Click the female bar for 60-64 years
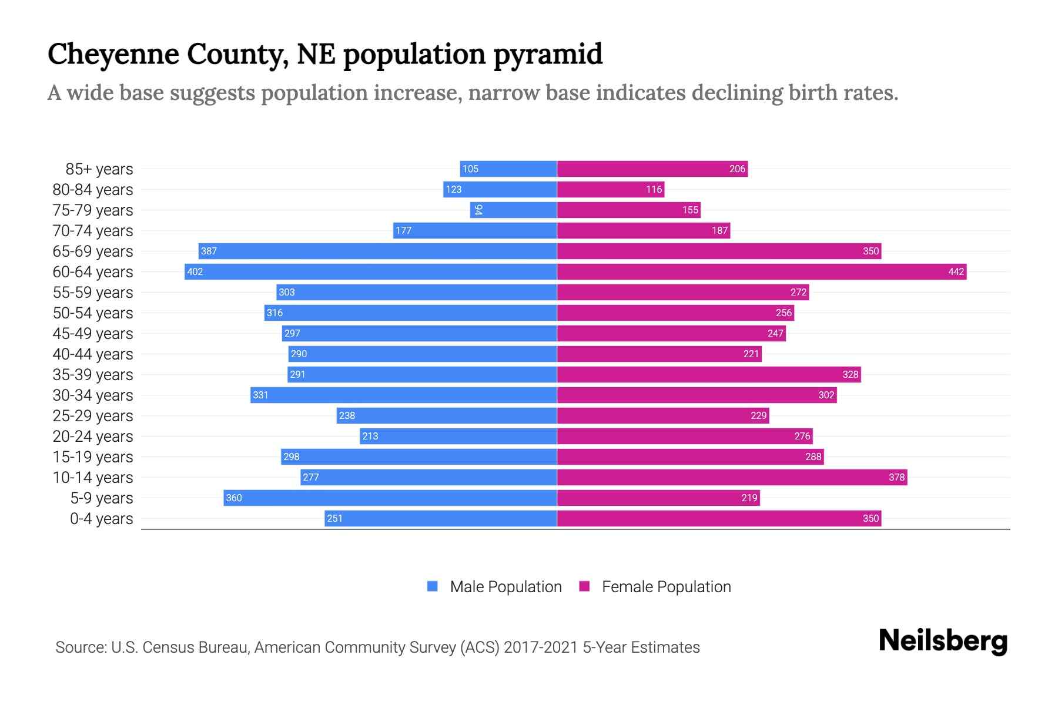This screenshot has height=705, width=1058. coord(761,271)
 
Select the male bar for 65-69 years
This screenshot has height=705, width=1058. coord(377,251)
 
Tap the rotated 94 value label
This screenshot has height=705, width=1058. coord(478,210)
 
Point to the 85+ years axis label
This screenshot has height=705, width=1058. coord(99,169)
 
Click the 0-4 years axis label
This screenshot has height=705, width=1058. coord(101,519)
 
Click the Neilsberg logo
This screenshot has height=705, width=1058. coord(943,641)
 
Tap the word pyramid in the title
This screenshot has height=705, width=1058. coord(548,54)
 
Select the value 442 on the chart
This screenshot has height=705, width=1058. coord(956,271)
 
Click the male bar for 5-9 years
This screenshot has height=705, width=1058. coord(390,498)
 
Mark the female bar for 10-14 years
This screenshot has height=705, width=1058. coord(732,477)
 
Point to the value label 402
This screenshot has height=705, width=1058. coord(195,271)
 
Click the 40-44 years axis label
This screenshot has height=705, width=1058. coord(93,354)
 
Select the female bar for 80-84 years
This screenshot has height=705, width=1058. coord(610,189)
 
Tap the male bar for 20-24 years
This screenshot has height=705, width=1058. coord(458,436)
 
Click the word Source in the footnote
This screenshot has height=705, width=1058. coord(81,647)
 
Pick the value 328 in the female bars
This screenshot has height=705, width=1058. coord(850,374)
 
